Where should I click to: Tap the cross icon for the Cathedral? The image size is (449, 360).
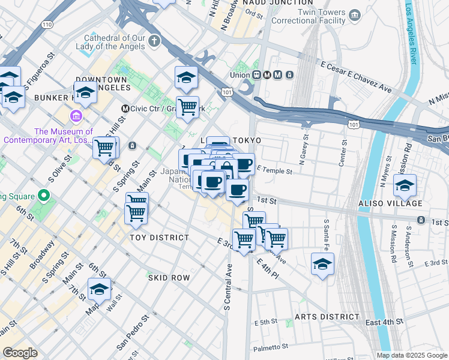(154, 41)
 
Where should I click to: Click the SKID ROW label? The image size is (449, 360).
(169, 278)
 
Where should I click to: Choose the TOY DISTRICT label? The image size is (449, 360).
(160, 238)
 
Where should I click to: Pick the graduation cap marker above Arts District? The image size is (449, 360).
(322, 264)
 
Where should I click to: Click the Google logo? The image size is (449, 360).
(20, 353)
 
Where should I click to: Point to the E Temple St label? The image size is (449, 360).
(274, 171)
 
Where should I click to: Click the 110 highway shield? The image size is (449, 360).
(46, 23)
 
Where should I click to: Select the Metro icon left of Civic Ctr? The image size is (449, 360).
(125, 109)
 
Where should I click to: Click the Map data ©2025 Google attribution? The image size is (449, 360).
(412, 355)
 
